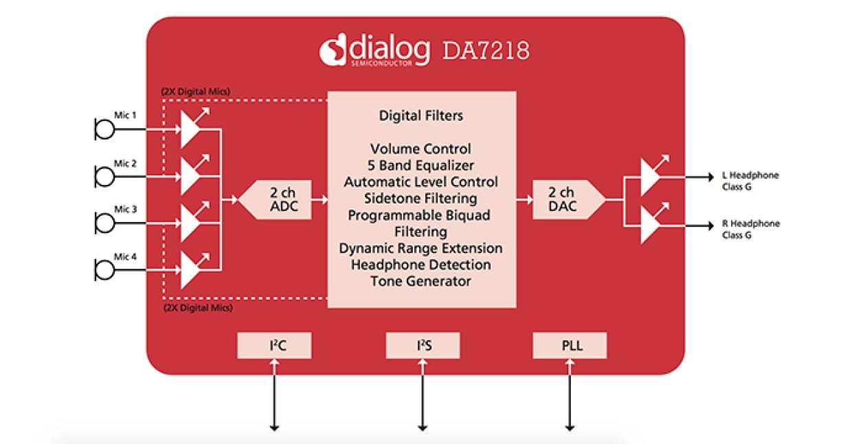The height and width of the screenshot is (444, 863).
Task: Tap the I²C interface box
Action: [274, 345]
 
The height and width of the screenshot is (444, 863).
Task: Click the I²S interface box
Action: [423, 345]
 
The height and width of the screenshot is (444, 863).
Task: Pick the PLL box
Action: [570, 345]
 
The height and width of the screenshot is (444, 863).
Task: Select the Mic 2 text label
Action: [125, 164]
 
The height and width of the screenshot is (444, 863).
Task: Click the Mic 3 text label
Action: [125, 209]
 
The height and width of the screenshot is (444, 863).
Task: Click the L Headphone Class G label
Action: [750, 181]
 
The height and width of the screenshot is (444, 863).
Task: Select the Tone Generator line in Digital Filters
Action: [421, 281]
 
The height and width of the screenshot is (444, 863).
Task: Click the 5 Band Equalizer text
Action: [421, 166]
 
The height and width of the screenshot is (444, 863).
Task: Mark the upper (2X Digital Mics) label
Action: [196, 91]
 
